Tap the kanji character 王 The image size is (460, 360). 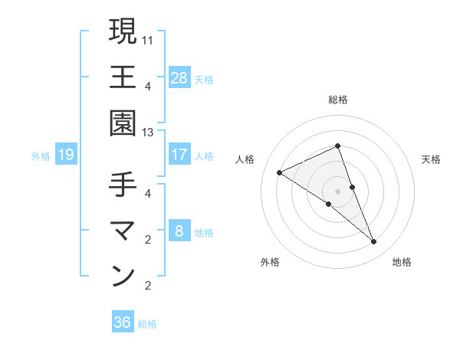(x=123, y=77)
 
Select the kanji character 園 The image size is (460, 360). (x=123, y=123)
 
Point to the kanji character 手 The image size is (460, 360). (x=123, y=185)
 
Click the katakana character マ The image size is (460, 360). (x=123, y=230)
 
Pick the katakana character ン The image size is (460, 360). (x=123, y=276)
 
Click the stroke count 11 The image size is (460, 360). (x=148, y=39)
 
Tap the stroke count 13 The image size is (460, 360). (x=148, y=133)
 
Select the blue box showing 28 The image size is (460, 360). (x=179, y=77)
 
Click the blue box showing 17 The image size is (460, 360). (x=179, y=155)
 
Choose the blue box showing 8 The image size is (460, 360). (x=179, y=231)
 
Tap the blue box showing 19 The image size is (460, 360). (x=66, y=155)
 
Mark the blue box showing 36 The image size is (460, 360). (x=123, y=322)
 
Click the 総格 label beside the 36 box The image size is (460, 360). (x=147, y=324)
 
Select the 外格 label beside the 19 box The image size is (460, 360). (x=41, y=156)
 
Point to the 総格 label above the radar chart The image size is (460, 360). (x=337, y=100)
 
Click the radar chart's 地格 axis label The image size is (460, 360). (x=402, y=262)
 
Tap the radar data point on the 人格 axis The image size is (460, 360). (x=280, y=173)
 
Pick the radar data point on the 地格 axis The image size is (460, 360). (x=374, y=242)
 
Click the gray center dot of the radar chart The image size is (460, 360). (x=337, y=191)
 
